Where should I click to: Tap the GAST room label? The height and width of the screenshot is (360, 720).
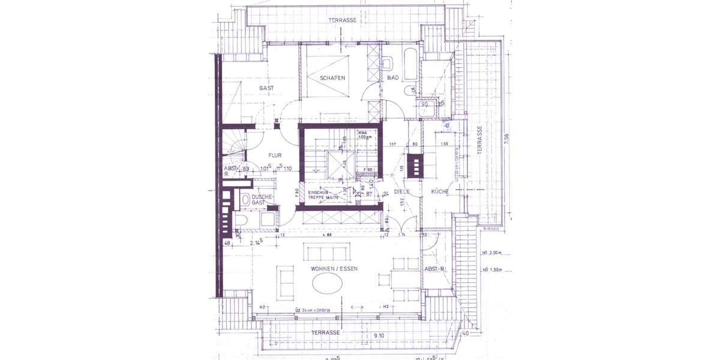click(266, 88)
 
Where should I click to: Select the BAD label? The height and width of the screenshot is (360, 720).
click(393, 79)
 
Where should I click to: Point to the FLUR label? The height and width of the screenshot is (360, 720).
click(259, 155)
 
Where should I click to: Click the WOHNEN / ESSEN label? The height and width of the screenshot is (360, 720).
click(334, 269)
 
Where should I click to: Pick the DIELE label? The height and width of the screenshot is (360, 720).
click(401, 192)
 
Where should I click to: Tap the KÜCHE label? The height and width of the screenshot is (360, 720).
click(439, 192)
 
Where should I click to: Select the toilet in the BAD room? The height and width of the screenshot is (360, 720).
click(388, 62)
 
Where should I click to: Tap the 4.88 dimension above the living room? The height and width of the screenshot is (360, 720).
click(326, 235)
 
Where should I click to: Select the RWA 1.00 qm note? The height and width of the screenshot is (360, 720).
click(367, 135)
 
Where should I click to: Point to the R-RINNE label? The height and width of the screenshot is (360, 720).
click(491, 229)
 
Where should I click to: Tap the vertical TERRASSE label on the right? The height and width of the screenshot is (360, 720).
click(479, 142)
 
